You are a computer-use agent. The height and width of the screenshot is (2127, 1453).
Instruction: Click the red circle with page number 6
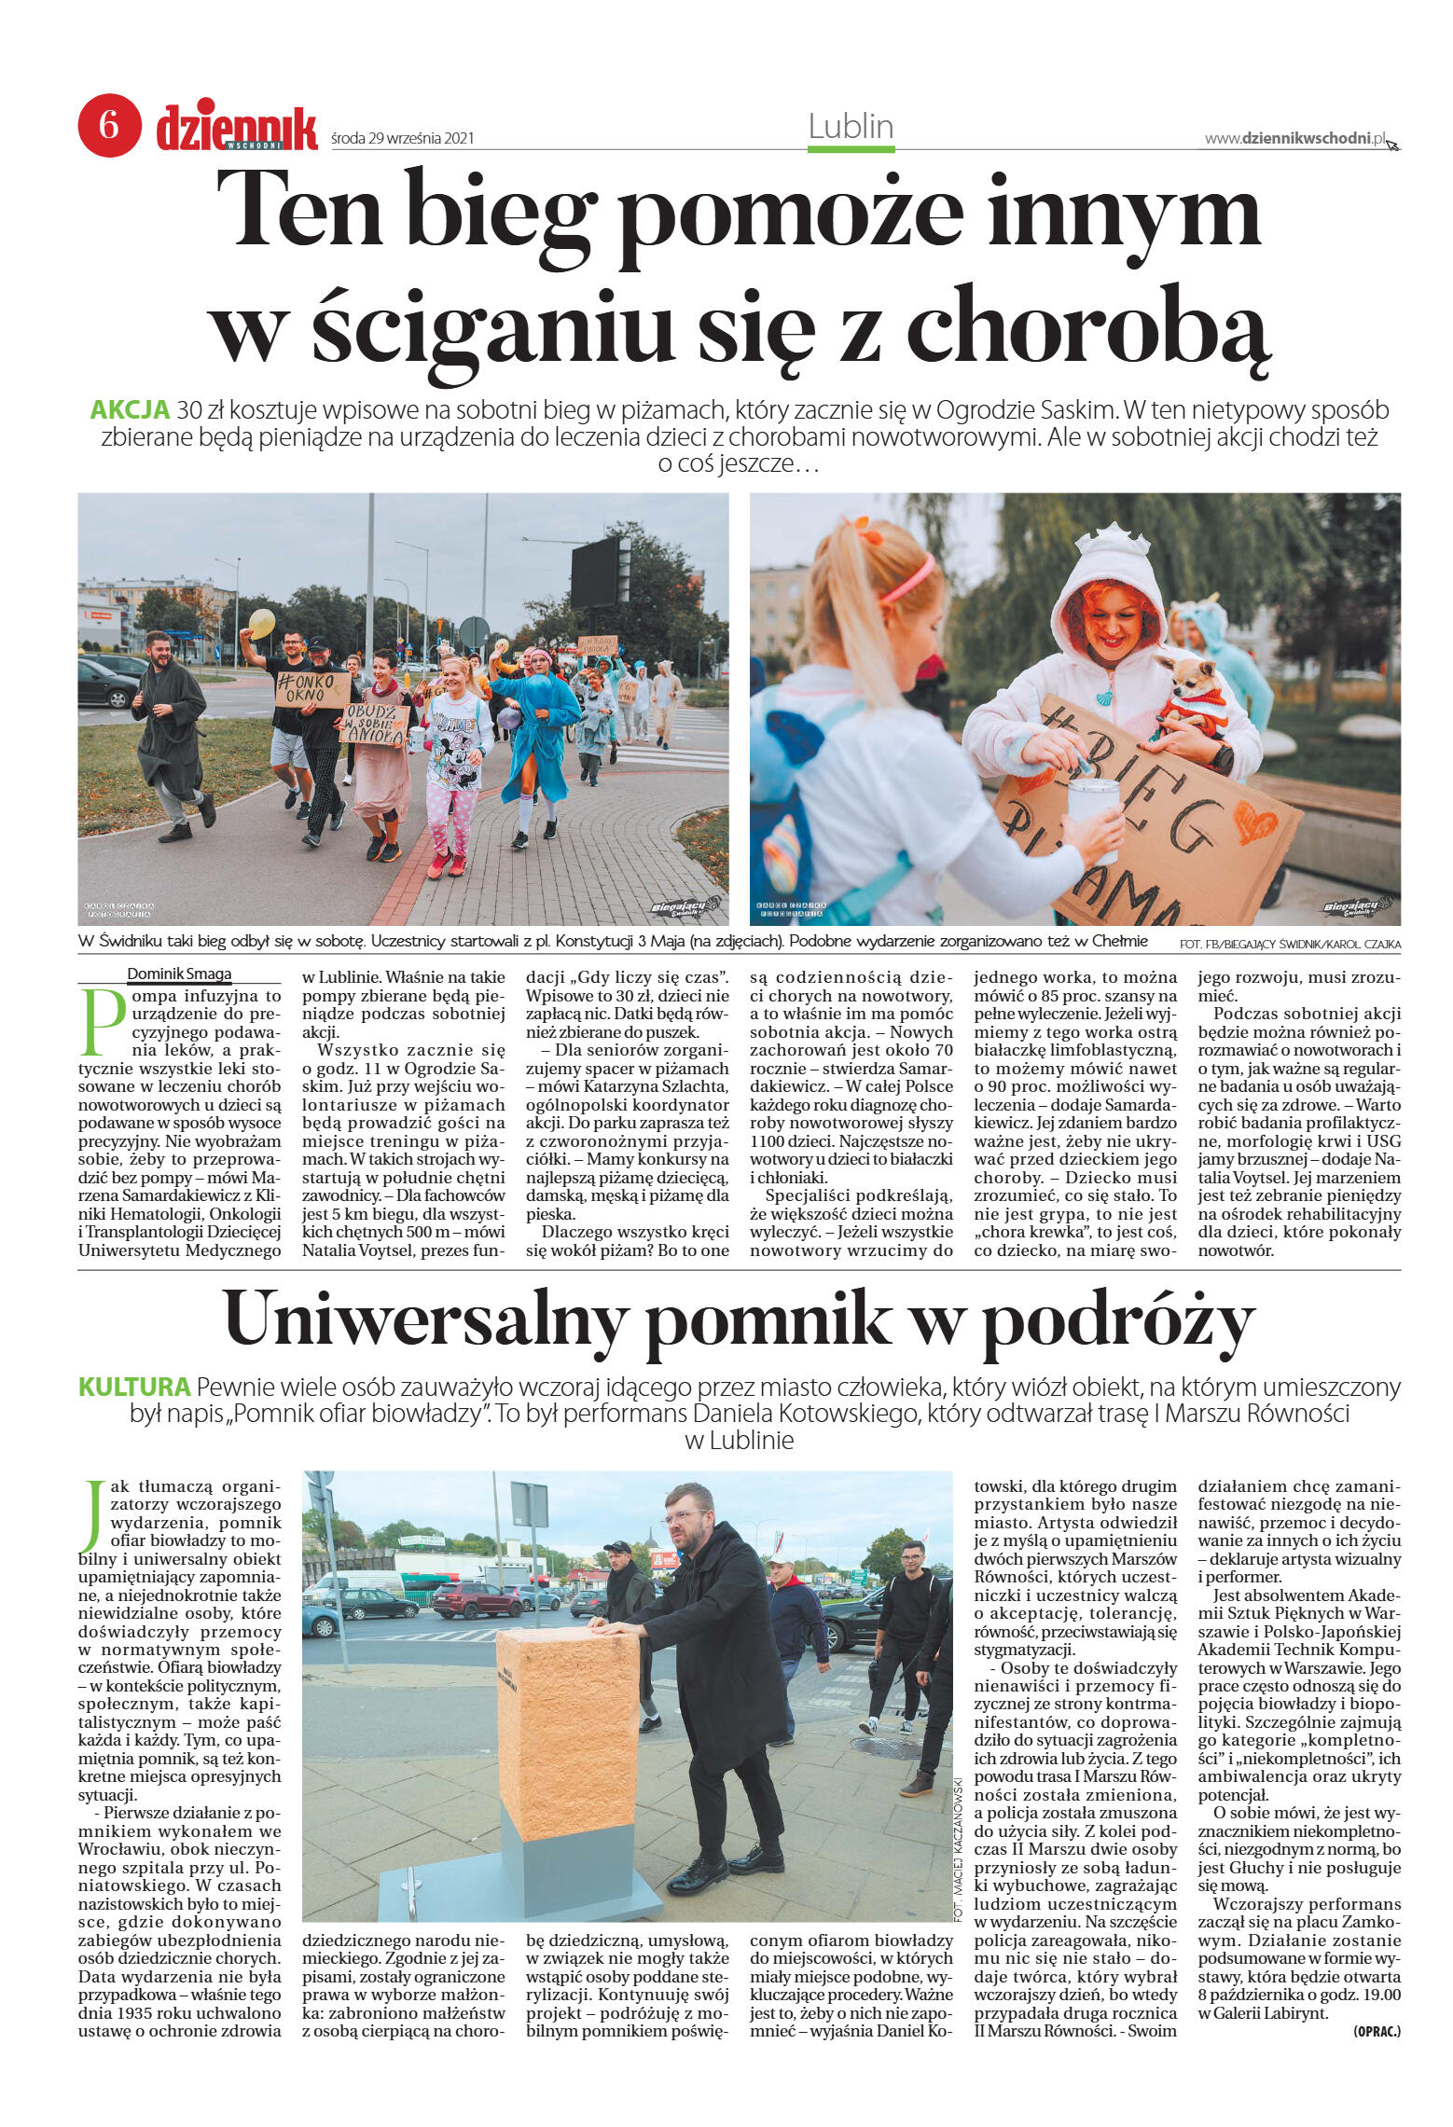click(x=109, y=125)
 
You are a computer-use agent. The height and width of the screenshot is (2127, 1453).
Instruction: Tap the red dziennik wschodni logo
click(x=237, y=128)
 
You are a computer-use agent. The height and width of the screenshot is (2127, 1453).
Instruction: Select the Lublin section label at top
click(x=851, y=127)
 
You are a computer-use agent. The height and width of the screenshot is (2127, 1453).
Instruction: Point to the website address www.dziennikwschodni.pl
click(x=1295, y=139)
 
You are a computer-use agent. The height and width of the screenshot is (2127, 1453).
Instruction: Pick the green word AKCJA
click(x=130, y=409)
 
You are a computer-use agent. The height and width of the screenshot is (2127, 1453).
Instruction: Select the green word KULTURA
click(x=134, y=1387)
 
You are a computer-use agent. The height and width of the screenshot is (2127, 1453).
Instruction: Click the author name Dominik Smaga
click(x=179, y=974)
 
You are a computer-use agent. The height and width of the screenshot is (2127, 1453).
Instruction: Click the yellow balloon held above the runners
click(x=262, y=623)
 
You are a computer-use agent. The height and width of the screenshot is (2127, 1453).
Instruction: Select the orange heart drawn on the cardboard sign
click(x=1254, y=822)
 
